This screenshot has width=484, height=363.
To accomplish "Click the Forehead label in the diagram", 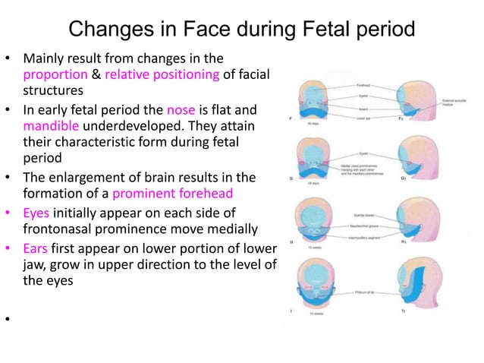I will click(x=365, y=86).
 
